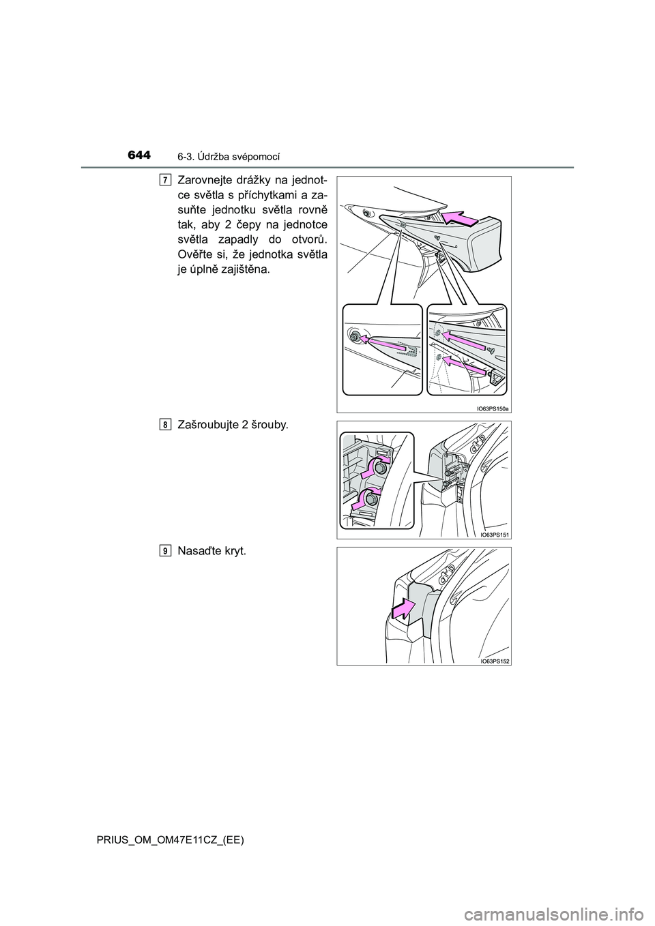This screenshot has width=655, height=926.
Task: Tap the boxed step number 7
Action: [166, 180]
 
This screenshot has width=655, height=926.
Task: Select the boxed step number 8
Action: [166, 425]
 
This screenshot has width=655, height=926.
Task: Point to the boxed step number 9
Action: [166, 552]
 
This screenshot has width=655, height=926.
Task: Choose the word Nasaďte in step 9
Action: [202, 552]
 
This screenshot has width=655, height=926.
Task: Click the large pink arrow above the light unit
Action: [460, 218]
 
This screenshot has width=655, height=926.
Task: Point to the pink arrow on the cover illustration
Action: [403, 609]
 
